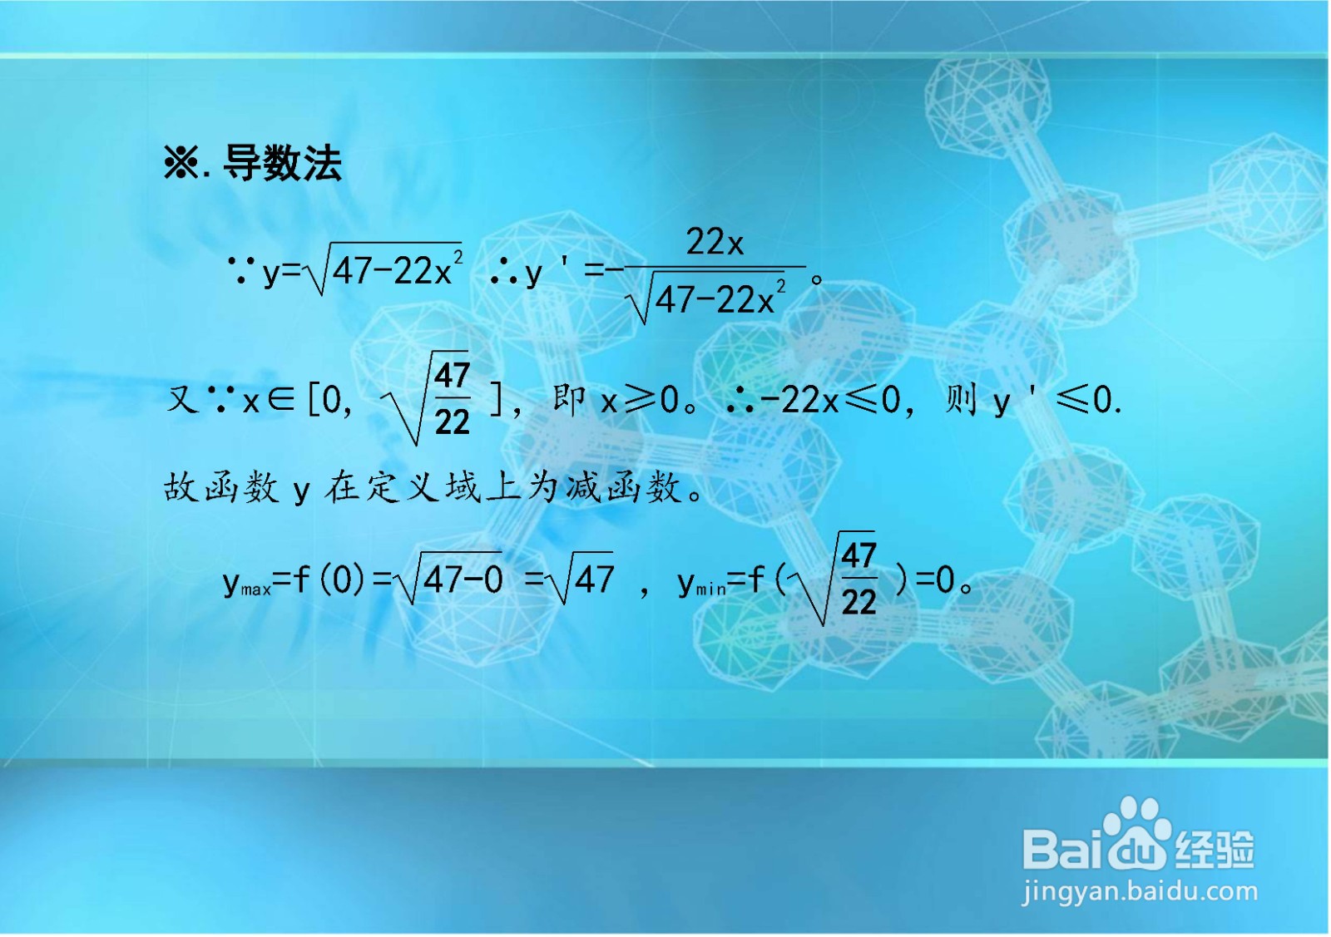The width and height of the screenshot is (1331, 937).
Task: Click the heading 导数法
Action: pyautogui.click(x=282, y=163)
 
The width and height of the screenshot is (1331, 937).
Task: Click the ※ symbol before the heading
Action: pyautogui.click(x=181, y=163)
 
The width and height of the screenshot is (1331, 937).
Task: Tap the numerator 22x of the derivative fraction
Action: pyautogui.click(x=714, y=242)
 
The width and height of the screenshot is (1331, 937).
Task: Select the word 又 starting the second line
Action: pyautogui.click(x=182, y=400)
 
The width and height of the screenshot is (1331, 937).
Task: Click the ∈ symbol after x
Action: pyautogui.click(x=281, y=401)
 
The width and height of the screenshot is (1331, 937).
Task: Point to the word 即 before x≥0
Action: pyautogui.click(x=570, y=400)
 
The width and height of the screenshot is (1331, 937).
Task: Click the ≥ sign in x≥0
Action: pyautogui.click(x=639, y=400)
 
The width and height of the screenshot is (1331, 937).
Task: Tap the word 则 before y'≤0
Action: pyautogui.click(x=961, y=400)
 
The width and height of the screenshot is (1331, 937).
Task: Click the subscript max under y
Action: pyautogui.click(x=255, y=589)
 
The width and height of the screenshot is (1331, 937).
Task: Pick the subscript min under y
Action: pyautogui.click(x=710, y=589)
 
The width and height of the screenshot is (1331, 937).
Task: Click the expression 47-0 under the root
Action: pyautogui.click(x=463, y=579)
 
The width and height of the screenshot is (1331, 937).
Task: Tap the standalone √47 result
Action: pyautogui.click(x=587, y=579)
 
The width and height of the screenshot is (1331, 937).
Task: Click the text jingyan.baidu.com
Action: pyautogui.click(x=1140, y=892)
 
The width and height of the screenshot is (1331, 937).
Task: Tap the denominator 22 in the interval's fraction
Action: pyautogui.click(x=452, y=422)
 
